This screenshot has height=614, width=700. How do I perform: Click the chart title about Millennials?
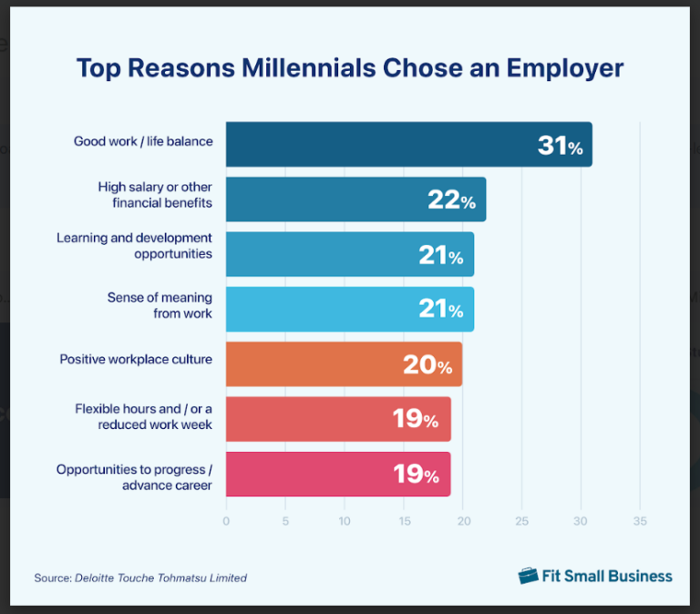350,68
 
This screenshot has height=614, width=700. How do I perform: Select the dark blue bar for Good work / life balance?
383,144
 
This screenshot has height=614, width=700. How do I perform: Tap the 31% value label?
560,145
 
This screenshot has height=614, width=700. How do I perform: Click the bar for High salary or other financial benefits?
328,200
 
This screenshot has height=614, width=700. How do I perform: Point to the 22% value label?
452,200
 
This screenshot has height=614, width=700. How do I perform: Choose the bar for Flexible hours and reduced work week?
310,419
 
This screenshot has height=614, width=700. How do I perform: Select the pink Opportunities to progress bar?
310,475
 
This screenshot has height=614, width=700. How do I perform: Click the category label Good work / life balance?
143,141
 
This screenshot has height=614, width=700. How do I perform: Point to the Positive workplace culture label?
136,359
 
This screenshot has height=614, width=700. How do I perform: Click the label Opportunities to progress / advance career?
134,477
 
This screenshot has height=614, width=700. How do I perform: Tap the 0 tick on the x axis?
226,522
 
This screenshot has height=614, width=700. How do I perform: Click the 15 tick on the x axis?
404,522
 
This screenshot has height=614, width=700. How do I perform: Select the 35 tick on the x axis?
640,522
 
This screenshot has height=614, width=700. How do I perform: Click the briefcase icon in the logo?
529,576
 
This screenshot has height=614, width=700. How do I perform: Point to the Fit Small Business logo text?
608,576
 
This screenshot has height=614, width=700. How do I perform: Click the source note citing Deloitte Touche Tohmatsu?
140,578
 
